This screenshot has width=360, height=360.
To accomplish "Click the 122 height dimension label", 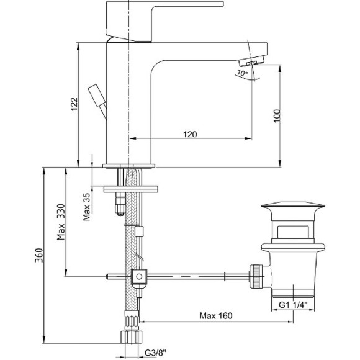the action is pyautogui.click(x=74, y=104).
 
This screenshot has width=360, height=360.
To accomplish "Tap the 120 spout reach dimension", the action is pyautogui.click(x=190, y=134).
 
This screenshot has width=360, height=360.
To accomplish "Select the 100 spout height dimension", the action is pyautogui.click(x=277, y=116).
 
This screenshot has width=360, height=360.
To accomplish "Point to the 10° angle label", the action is pyautogui.click(x=243, y=73).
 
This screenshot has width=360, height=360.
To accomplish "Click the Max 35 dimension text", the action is pyautogui.click(x=87, y=207).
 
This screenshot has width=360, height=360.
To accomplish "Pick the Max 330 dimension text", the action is pyautogui.click(x=61, y=222).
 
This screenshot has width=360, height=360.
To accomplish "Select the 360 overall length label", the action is pyautogui.click(x=39, y=255).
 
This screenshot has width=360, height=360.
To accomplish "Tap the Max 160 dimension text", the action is pyautogui.click(x=216, y=316).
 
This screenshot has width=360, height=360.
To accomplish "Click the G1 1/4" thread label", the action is pyautogui.click(x=293, y=305).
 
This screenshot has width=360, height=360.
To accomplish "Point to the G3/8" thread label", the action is pyautogui.click(x=155, y=353).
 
